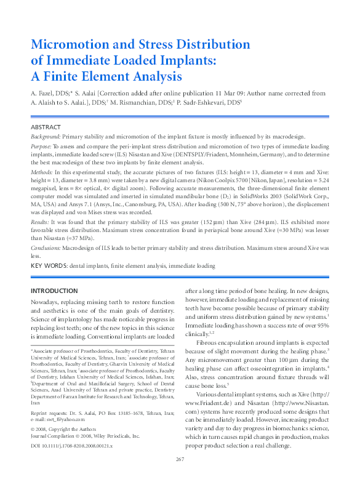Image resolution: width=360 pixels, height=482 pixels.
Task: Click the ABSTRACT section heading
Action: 46,126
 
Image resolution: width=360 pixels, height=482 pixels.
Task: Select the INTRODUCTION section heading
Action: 54,291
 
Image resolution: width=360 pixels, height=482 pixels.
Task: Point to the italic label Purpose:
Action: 42,147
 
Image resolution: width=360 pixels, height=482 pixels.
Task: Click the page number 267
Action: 180,460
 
